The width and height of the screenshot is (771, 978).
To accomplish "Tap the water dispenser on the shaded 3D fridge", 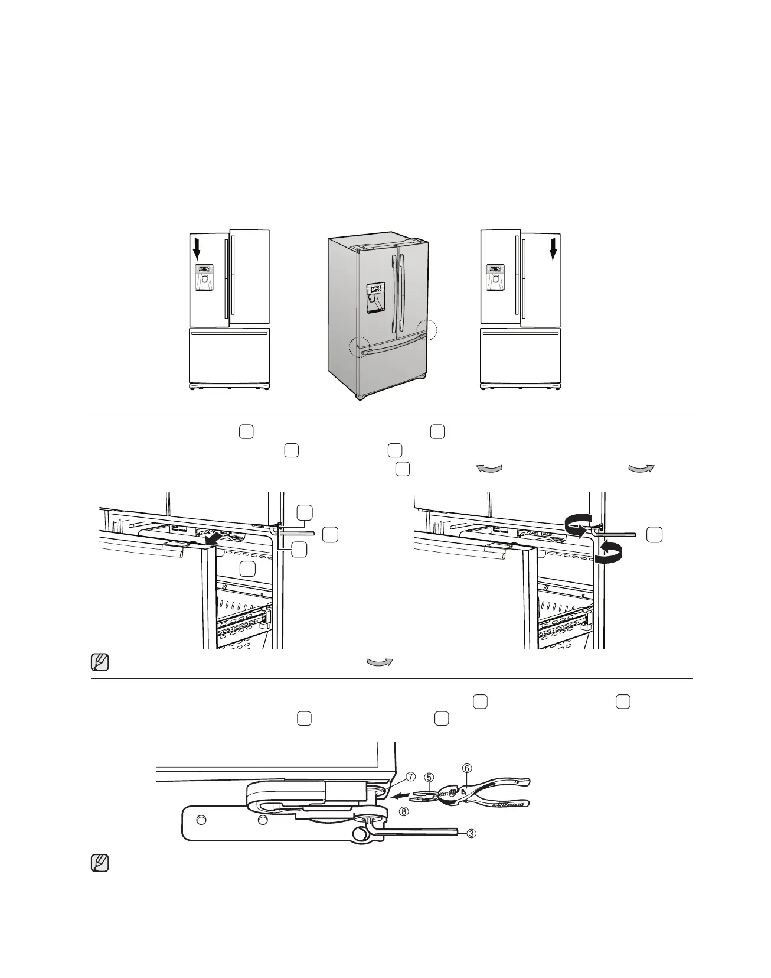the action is pyautogui.click(x=374, y=298).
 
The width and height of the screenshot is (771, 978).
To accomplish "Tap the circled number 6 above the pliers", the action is pyautogui.click(x=466, y=768).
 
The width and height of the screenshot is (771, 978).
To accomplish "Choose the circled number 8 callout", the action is pyautogui.click(x=403, y=811).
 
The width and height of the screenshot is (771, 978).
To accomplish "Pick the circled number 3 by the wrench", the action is pyautogui.click(x=471, y=834).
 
